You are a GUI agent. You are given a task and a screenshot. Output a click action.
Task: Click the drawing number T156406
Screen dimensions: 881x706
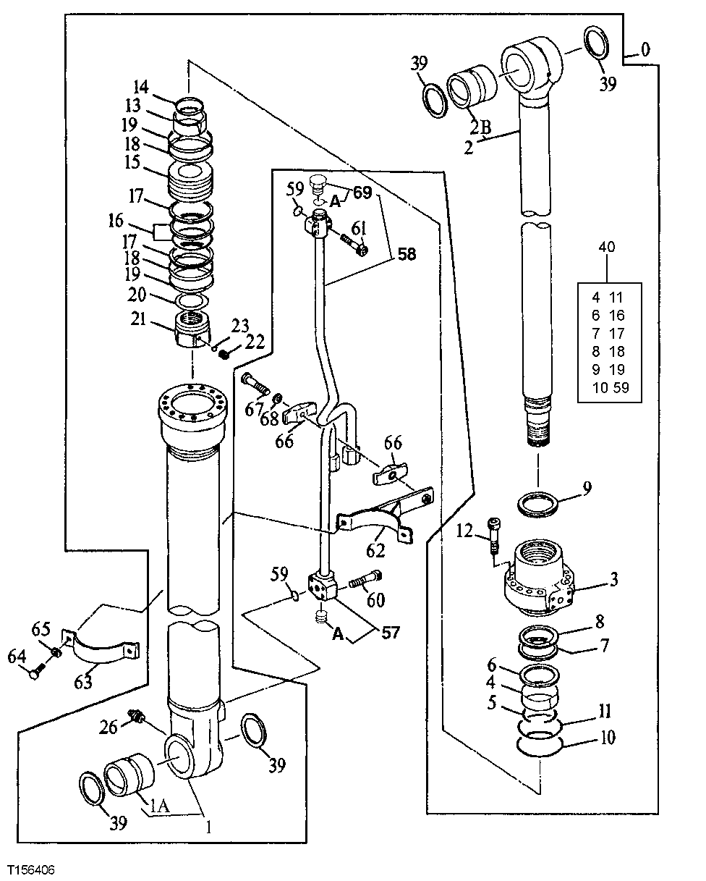[x=32, y=868]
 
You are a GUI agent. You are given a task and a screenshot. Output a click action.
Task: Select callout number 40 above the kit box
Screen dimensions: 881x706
[x=606, y=248]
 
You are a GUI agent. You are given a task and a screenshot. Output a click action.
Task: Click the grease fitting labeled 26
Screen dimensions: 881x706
[x=133, y=716]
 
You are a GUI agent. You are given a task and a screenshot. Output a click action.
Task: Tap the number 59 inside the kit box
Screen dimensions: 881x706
[x=621, y=387]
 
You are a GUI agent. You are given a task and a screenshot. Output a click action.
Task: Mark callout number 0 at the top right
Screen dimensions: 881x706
[x=645, y=50]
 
